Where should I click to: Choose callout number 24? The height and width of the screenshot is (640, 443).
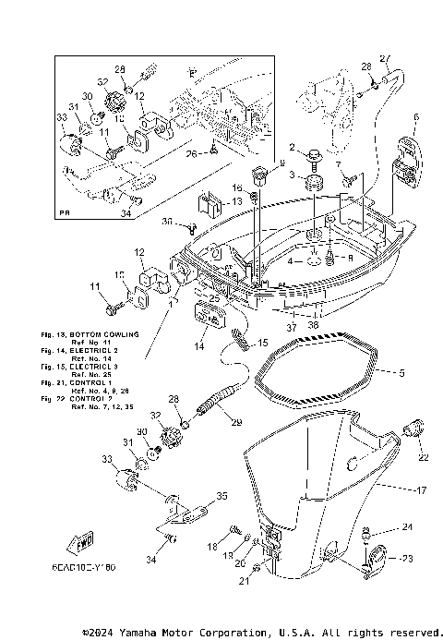[x=408, y=528]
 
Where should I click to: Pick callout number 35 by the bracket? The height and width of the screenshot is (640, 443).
[x=221, y=496]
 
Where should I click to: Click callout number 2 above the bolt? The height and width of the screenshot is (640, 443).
[x=293, y=147]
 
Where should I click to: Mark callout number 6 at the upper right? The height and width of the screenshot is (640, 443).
[x=416, y=117]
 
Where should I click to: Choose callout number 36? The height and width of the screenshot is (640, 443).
[x=166, y=222]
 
